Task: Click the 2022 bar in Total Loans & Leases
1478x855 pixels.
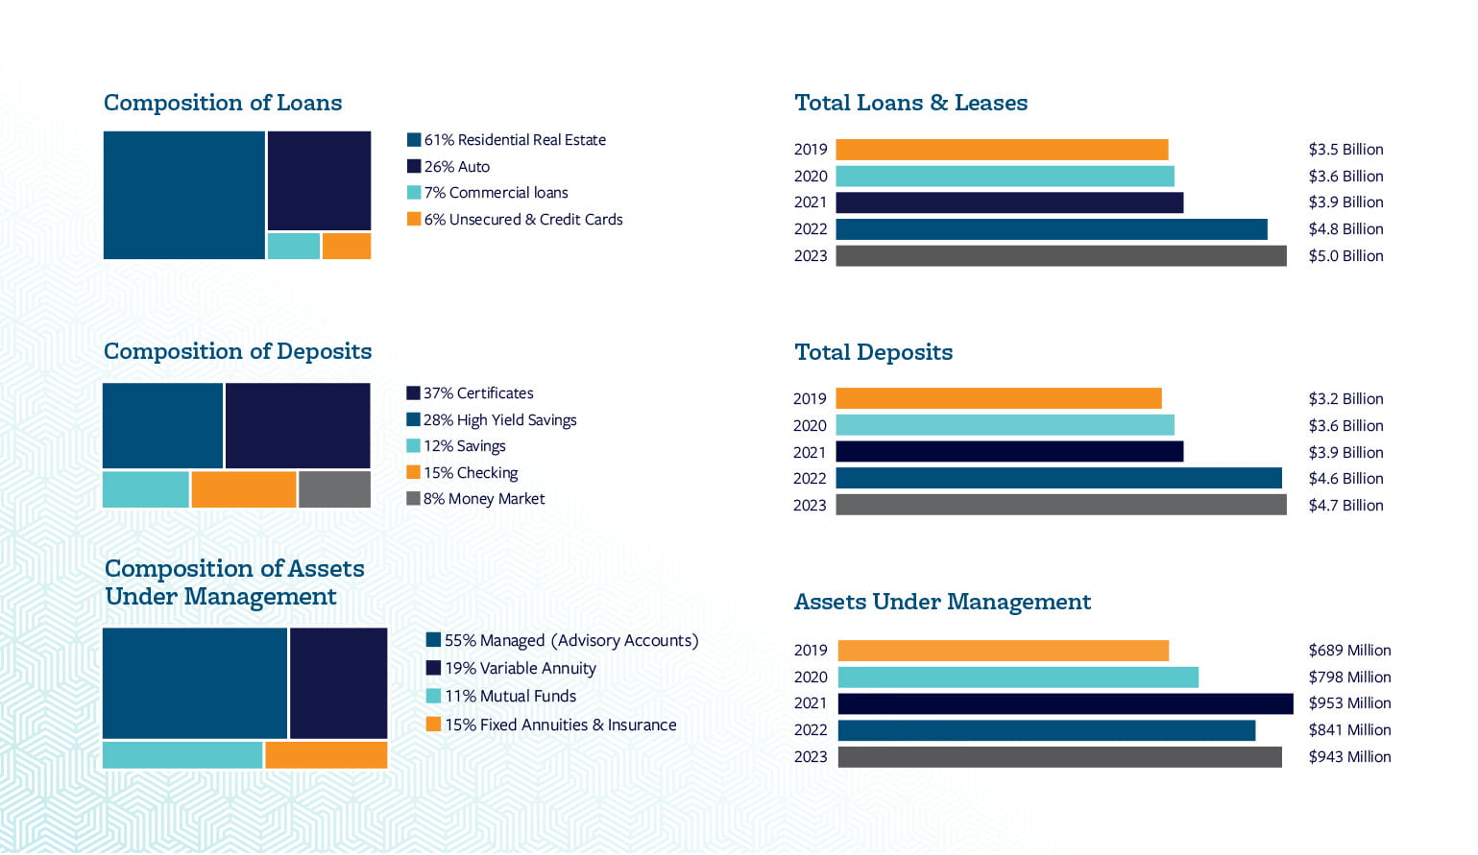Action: click(x=1051, y=229)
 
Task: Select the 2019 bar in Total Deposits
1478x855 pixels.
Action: click(x=998, y=398)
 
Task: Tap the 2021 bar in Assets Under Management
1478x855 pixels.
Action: click(x=1065, y=703)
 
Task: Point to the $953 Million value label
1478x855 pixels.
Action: click(x=1348, y=703)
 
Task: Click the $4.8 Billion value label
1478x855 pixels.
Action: click(x=1345, y=229)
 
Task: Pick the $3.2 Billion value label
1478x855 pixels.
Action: click(x=1345, y=399)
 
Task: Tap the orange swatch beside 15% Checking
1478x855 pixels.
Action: click(x=413, y=472)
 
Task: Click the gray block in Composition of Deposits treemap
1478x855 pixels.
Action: click(x=334, y=489)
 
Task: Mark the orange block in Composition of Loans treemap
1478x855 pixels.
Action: click(x=346, y=246)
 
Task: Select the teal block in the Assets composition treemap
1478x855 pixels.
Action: click(x=182, y=754)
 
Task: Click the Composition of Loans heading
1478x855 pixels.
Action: click(x=223, y=103)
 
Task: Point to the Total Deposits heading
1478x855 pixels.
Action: click(x=873, y=352)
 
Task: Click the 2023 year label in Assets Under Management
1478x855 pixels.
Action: click(x=810, y=757)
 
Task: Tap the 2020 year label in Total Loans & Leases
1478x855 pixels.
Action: click(x=810, y=177)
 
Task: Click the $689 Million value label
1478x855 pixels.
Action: click(x=1348, y=651)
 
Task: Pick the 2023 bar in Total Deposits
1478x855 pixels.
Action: click(x=1060, y=505)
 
